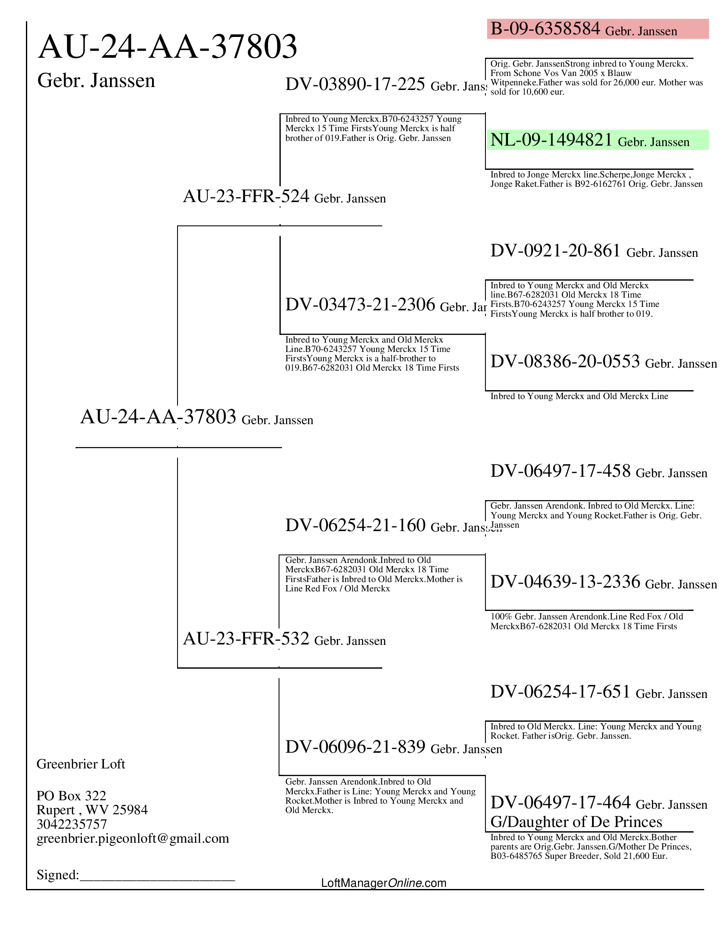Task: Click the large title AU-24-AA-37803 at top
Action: (x=167, y=47)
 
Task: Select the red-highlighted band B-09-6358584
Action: (x=545, y=29)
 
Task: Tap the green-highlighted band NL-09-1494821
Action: (x=551, y=140)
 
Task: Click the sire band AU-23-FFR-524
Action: (x=246, y=196)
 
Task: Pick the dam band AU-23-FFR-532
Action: (x=246, y=639)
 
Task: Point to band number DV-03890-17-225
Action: (x=355, y=84)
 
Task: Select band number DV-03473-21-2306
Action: (x=360, y=305)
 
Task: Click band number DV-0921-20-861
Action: (x=555, y=250)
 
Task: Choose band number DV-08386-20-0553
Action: (x=564, y=361)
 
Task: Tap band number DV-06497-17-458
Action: (x=560, y=471)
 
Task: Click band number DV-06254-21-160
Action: (x=355, y=525)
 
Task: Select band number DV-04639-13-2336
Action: (x=564, y=582)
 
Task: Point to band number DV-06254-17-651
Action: (x=560, y=692)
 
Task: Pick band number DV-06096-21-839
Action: (x=355, y=747)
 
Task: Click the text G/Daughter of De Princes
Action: (x=576, y=821)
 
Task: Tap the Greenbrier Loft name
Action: (x=81, y=764)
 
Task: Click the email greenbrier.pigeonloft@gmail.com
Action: (x=133, y=838)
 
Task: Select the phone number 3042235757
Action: (x=71, y=824)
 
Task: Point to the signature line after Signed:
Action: (x=158, y=875)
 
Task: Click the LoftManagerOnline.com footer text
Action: (x=383, y=883)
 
